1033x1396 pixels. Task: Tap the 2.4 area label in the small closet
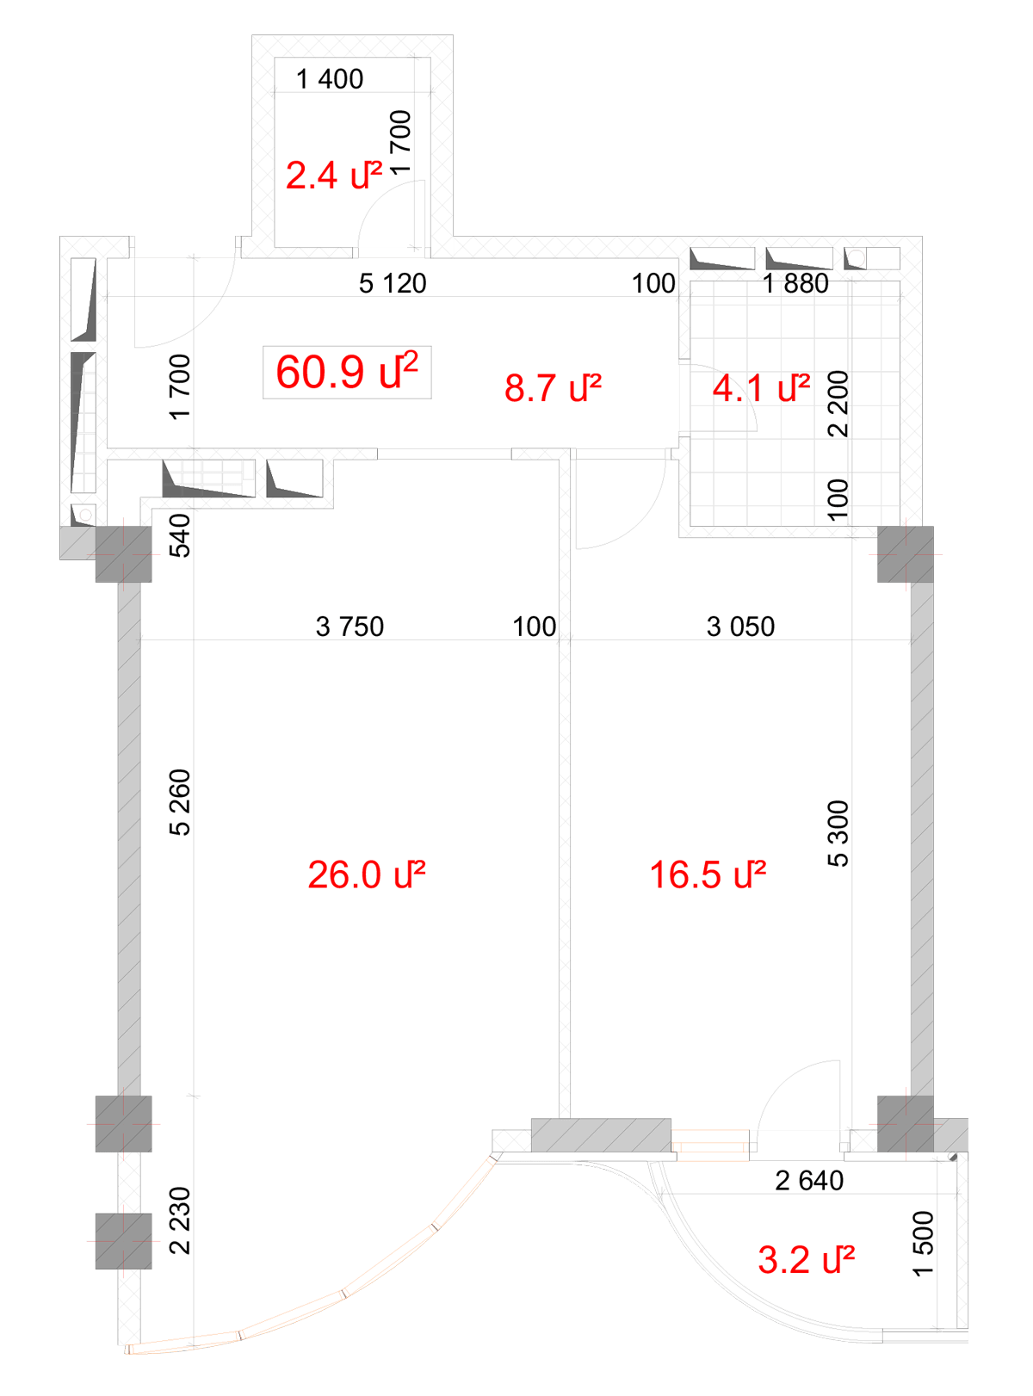334,175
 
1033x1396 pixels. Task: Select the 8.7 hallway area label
553,387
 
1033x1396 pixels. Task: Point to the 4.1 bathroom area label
761,387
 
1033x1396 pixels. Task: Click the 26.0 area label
367,874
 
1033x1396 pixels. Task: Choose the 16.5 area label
708,874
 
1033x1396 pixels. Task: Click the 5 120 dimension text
393,283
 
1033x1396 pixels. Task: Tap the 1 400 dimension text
330,79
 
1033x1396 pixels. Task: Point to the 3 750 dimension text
350,627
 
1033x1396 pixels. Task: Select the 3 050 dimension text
740,627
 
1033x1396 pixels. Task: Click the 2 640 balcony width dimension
809,1181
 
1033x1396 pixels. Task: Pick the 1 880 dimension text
795,283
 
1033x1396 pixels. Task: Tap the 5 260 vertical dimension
180,802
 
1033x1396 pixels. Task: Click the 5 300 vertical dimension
838,833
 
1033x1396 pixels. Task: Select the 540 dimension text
180,535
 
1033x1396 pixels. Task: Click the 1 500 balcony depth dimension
924,1244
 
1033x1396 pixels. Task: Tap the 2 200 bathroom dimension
838,404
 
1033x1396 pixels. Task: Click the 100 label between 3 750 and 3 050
535,627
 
